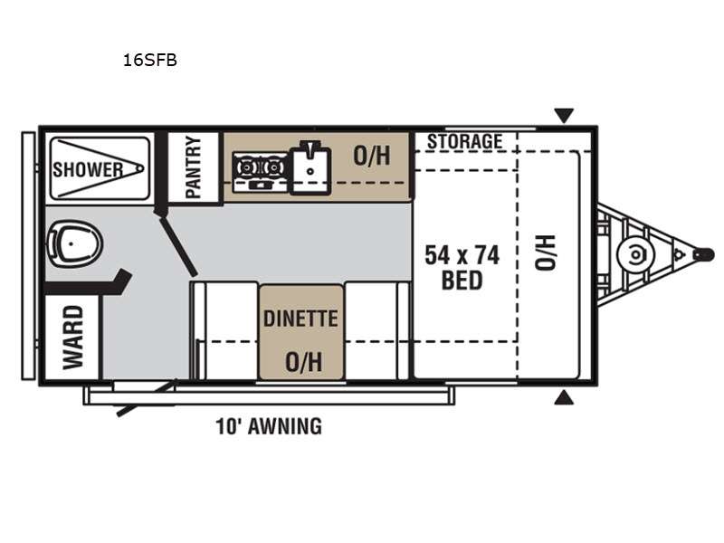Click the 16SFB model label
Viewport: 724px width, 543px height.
pyautogui.click(x=149, y=61)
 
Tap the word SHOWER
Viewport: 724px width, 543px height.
pyautogui.click(x=88, y=169)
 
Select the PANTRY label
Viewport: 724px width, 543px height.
pyautogui.click(x=194, y=167)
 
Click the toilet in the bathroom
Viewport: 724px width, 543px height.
pyautogui.click(x=74, y=243)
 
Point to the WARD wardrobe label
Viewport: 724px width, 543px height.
pyautogui.click(x=73, y=338)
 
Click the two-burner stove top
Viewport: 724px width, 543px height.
pyautogui.click(x=261, y=172)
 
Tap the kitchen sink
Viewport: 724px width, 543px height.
pyautogui.click(x=310, y=167)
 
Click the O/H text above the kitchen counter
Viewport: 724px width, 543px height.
pyautogui.click(x=372, y=156)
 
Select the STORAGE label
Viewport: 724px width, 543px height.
pyautogui.click(x=464, y=141)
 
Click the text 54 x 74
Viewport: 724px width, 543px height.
pyautogui.click(x=462, y=255)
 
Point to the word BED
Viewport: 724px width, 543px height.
pyautogui.click(x=462, y=281)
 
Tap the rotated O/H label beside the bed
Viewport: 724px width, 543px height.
pyautogui.click(x=545, y=252)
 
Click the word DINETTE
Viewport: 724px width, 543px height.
pyautogui.click(x=300, y=319)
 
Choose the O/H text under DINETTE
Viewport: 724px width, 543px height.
pyautogui.click(x=303, y=361)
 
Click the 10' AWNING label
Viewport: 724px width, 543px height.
pyautogui.click(x=269, y=426)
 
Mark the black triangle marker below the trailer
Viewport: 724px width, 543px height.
pyautogui.click(x=564, y=397)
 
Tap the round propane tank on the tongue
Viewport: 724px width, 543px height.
pyautogui.click(x=636, y=254)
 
